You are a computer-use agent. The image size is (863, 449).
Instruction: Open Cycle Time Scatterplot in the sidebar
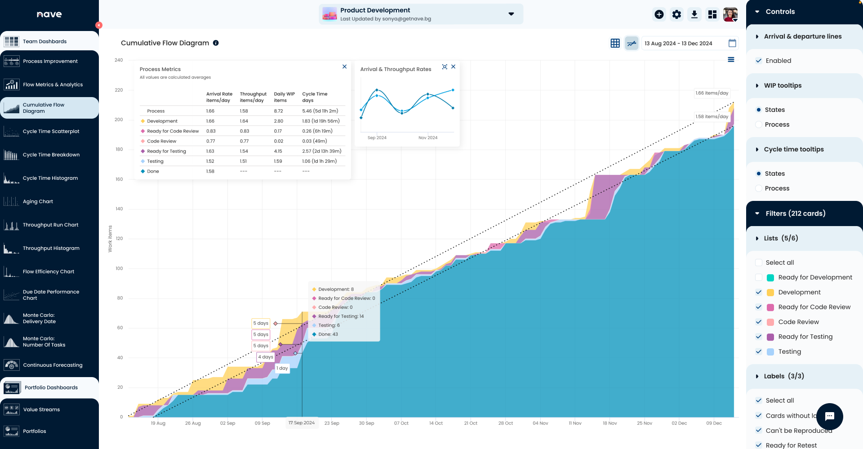click(x=51, y=131)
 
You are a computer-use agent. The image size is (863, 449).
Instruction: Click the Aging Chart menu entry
click(x=38, y=201)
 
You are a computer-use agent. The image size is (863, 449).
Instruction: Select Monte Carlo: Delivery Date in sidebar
click(x=39, y=318)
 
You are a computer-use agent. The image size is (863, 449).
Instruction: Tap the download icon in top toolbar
click(x=694, y=14)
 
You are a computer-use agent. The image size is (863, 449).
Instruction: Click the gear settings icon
click(x=676, y=14)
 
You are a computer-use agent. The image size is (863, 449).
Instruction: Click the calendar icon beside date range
click(x=732, y=43)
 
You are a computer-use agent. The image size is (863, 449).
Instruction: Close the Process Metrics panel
click(x=344, y=67)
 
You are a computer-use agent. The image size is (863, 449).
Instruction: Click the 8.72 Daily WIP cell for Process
click(x=278, y=111)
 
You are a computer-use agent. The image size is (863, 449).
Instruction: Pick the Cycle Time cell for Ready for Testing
click(x=321, y=151)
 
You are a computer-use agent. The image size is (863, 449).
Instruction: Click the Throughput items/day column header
click(x=253, y=97)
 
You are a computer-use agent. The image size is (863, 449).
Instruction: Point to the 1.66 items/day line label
click(x=712, y=93)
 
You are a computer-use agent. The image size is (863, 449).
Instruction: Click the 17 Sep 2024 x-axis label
click(x=302, y=423)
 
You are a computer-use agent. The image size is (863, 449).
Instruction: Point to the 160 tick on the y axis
click(x=119, y=179)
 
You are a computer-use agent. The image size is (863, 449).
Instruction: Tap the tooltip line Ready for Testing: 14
click(x=341, y=316)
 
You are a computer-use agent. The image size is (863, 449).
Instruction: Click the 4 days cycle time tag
click(x=266, y=357)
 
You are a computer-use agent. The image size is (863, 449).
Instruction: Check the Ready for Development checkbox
click(x=759, y=277)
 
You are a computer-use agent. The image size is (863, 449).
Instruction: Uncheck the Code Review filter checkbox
click(x=759, y=322)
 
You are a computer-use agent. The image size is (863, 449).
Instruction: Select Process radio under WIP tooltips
click(x=759, y=124)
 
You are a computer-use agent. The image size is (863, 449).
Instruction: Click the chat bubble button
click(x=829, y=416)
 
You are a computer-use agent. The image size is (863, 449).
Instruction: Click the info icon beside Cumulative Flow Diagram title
click(x=216, y=43)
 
